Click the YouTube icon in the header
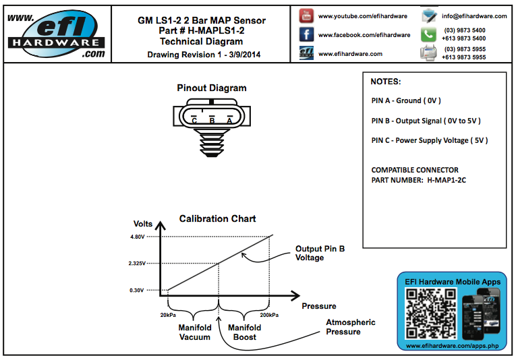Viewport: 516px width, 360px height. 307,15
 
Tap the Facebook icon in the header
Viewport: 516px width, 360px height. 307,34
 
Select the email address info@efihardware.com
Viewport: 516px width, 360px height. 474,16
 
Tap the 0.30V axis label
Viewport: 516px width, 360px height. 137,291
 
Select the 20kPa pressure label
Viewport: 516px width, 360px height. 169,315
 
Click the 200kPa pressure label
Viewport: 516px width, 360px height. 269,315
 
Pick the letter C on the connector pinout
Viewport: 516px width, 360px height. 194,120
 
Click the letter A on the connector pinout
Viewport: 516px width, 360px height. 229,120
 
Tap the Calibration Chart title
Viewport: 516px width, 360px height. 217,219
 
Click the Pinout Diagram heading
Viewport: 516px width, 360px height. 212,88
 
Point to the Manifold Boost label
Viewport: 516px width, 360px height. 244,332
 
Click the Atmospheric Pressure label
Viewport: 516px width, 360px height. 351,327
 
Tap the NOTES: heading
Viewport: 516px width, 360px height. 386,82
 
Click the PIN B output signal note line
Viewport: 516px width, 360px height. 426,121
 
